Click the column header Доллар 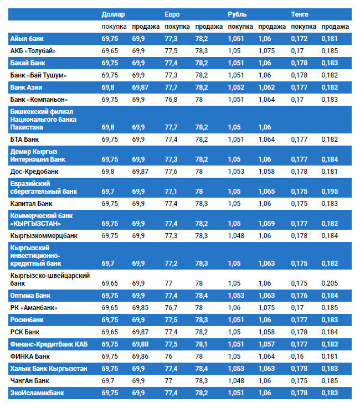[114, 14]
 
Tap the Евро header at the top [172, 14]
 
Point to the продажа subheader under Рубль [272, 27]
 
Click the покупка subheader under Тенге [304, 27]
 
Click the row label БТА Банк [24, 140]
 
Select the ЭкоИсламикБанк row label [37, 393]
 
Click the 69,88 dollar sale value [140, 344]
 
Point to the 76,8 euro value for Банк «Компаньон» [171, 100]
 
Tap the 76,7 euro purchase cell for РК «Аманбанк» [171, 308]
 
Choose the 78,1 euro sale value [202, 344]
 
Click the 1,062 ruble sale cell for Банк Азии [266, 87]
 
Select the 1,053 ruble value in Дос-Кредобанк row [236, 172]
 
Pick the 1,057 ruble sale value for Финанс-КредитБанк [266, 344]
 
